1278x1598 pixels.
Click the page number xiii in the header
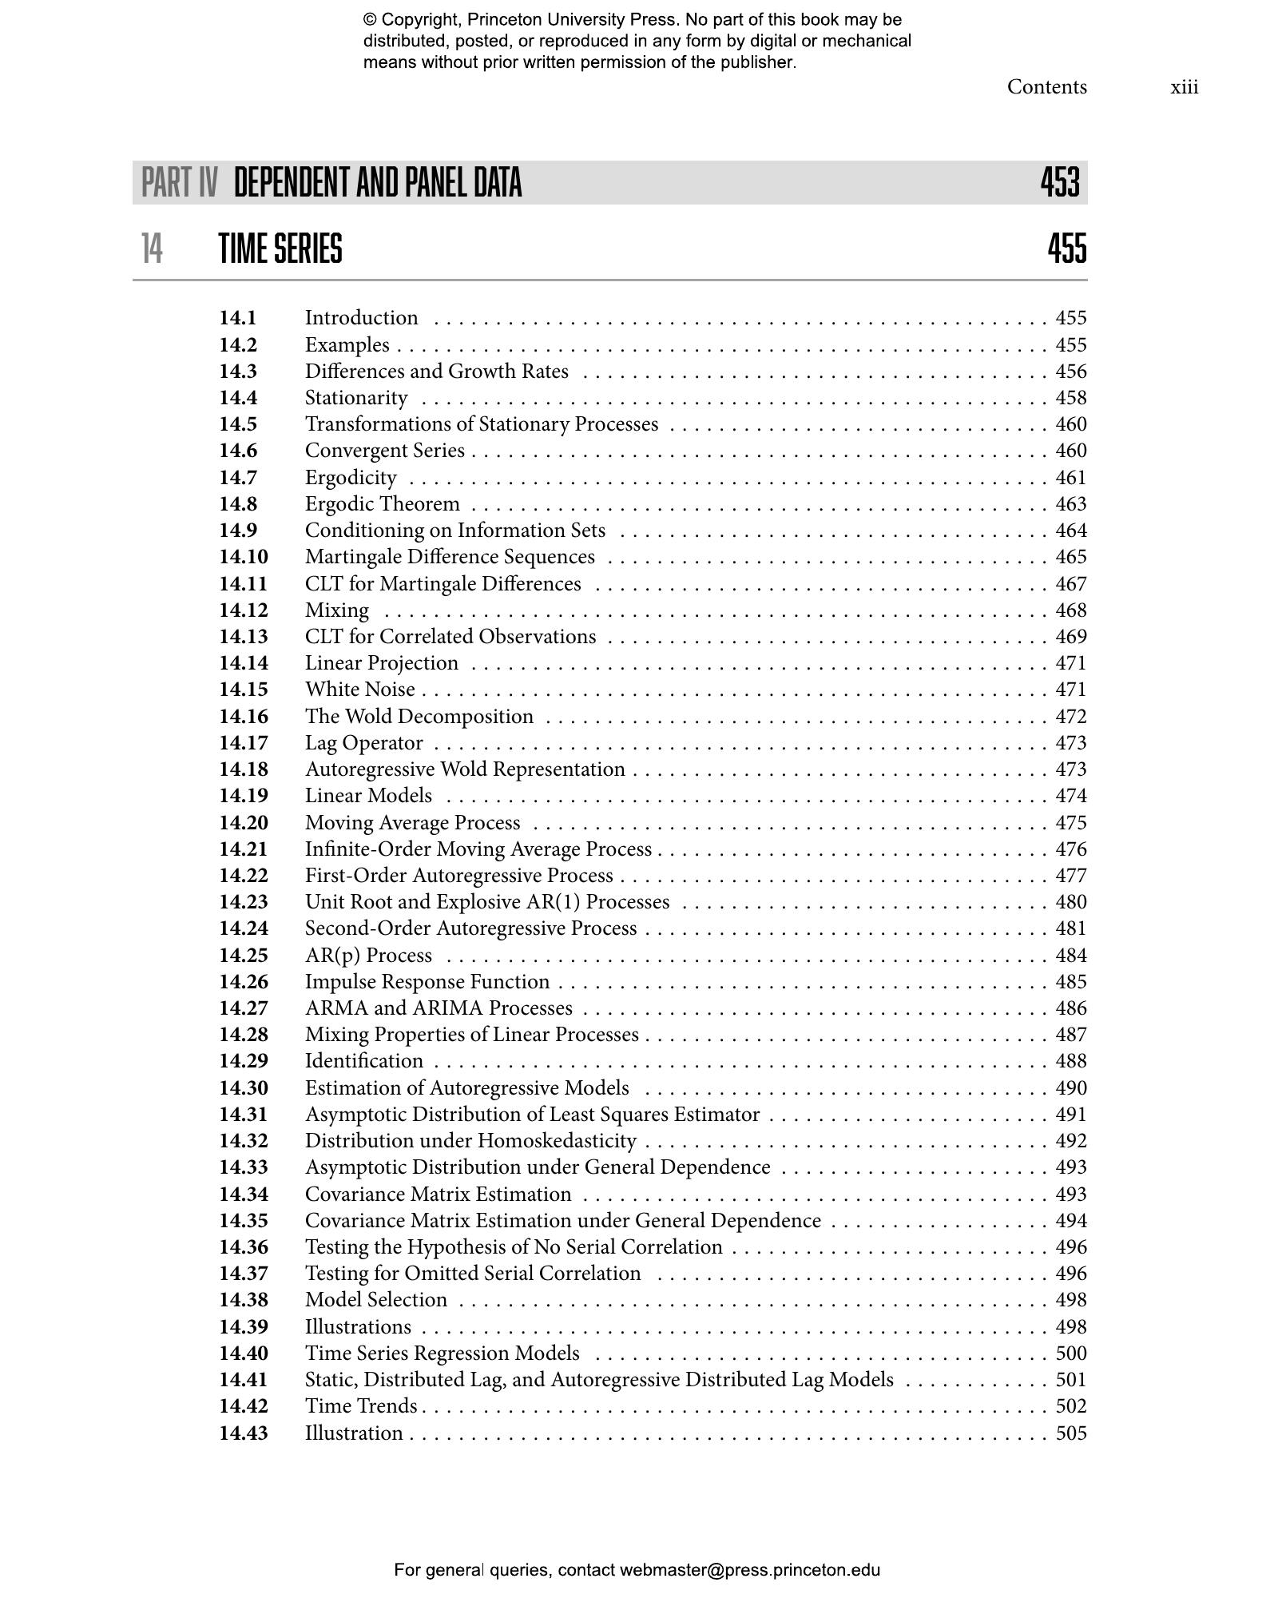[1184, 87]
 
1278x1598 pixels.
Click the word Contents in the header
[1046, 87]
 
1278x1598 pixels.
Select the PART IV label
[179, 183]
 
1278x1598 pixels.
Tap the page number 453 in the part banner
[1060, 183]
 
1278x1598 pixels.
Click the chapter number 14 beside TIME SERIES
[152, 248]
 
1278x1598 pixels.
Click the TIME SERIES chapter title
[280, 248]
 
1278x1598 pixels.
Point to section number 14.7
[238, 478]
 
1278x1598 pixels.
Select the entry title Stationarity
[356, 398]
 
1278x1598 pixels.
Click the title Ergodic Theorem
[382, 504]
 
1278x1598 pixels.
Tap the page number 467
[1070, 584]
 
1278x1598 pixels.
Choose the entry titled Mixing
[337, 610]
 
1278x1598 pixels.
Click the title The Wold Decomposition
[419, 717]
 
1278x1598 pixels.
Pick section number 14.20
[244, 823]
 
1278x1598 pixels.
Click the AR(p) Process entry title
[368, 956]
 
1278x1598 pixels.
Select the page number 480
[1070, 902]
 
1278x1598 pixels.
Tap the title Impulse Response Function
[427, 982]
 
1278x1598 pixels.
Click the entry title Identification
[364, 1061]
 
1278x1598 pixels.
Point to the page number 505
[1070, 1433]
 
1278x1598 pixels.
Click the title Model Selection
[376, 1300]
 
